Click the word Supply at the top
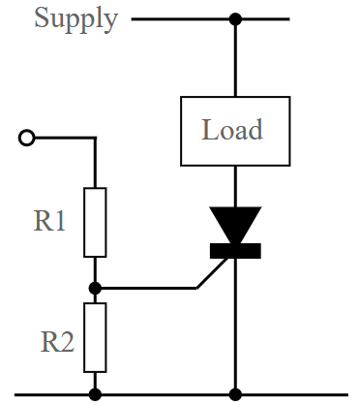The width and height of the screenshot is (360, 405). pyautogui.click(x=76, y=18)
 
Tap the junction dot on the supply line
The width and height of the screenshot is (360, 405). pyautogui.click(x=234, y=18)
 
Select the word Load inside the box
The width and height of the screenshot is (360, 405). pyautogui.click(x=232, y=129)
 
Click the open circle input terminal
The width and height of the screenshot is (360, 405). pyautogui.click(x=27, y=139)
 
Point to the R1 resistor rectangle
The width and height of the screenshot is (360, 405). pyautogui.click(x=95, y=221)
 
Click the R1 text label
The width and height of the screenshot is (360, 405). pyautogui.click(x=50, y=221)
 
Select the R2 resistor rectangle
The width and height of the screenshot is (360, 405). pyautogui.click(x=95, y=336)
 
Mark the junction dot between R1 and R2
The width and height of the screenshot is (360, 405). pyautogui.click(x=95, y=288)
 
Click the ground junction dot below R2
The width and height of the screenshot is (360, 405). pyautogui.click(x=95, y=394)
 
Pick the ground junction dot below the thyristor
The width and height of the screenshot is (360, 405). pyautogui.click(x=234, y=394)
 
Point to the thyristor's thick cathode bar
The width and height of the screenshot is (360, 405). pyautogui.click(x=234, y=252)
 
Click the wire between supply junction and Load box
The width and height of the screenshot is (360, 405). pyautogui.click(x=234, y=58)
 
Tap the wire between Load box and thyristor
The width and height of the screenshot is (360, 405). pyautogui.click(x=234, y=184)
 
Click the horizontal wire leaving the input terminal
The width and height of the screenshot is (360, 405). pyautogui.click(x=63, y=139)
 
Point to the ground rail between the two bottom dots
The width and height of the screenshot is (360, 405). pyautogui.click(x=165, y=394)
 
